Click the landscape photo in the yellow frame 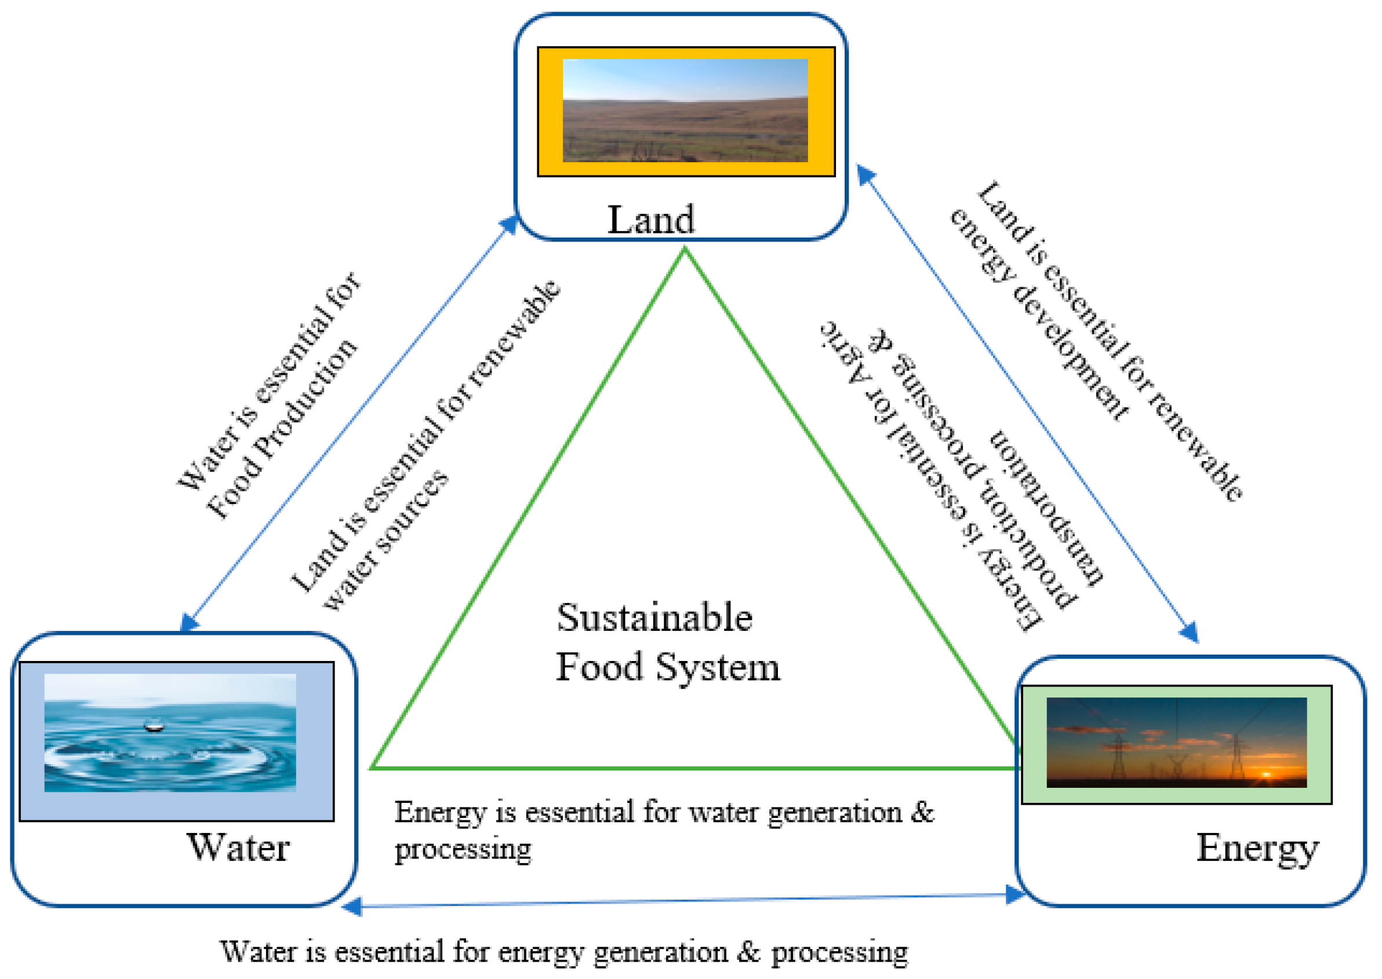(x=685, y=110)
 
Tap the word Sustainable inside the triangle (x=654, y=618)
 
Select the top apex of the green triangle (x=684, y=250)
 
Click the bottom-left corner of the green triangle (x=373, y=768)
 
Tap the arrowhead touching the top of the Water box (x=189, y=622)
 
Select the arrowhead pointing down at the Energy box (x=1189, y=633)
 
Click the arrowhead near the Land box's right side (x=865, y=175)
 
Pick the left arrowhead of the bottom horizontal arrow (x=352, y=906)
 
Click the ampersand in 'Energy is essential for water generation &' (x=922, y=812)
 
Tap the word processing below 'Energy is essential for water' (x=463, y=850)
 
